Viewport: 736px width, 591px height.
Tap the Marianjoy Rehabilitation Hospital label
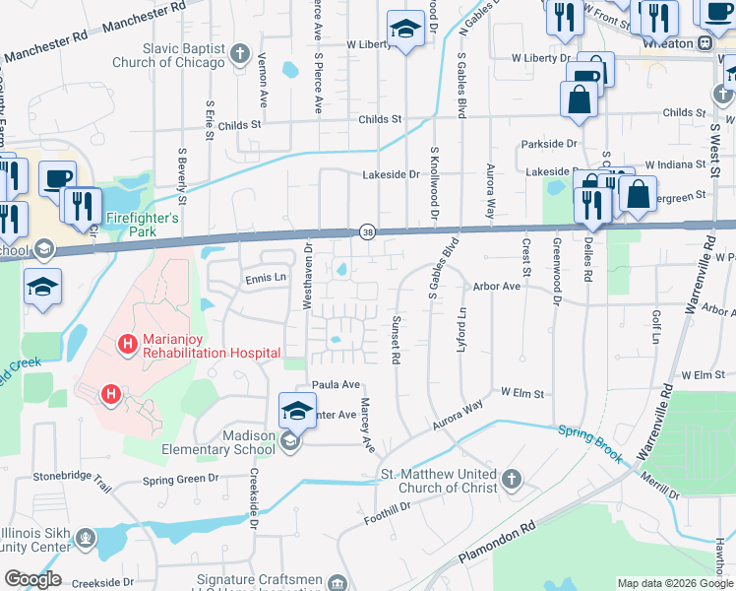tap(212, 345)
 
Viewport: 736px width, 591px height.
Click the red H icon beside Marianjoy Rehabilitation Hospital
tap(126, 345)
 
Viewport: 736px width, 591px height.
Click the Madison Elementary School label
tap(218, 442)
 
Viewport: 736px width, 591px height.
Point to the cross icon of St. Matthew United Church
tap(511, 480)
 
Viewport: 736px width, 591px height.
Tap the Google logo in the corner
tap(31, 579)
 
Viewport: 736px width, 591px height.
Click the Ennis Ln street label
tap(265, 279)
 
